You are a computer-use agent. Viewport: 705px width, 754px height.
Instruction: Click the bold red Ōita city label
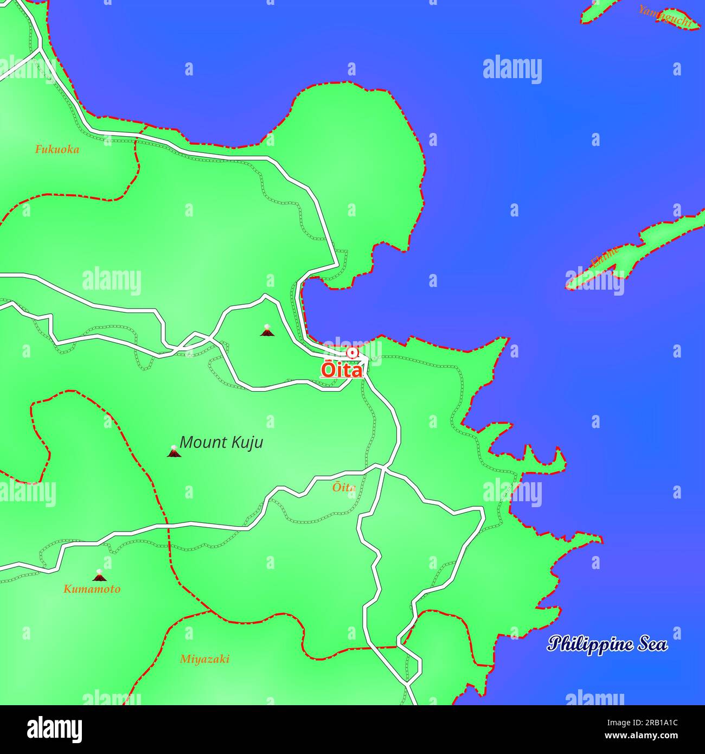tap(342, 369)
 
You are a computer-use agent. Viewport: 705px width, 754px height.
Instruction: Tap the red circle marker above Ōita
tap(352, 353)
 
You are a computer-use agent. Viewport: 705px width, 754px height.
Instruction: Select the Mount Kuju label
tap(221, 442)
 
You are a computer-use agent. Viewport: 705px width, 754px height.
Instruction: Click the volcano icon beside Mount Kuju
tap(174, 451)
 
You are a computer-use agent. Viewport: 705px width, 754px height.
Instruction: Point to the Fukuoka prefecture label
tap(57, 149)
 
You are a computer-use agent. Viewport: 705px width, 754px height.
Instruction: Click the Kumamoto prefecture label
tap(92, 589)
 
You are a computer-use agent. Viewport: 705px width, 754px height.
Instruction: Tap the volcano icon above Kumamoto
tap(98, 576)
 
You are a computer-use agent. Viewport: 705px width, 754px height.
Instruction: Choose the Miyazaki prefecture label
tap(204, 659)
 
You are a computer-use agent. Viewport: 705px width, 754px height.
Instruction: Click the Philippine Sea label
tap(607, 644)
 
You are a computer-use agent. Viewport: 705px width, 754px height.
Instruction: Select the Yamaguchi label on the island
tap(665, 16)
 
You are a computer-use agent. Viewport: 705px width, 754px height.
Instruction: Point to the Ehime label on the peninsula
tap(604, 257)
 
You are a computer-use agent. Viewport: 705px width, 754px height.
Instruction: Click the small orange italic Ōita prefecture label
tap(344, 487)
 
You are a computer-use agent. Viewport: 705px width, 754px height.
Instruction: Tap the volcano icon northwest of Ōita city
tap(266, 330)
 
